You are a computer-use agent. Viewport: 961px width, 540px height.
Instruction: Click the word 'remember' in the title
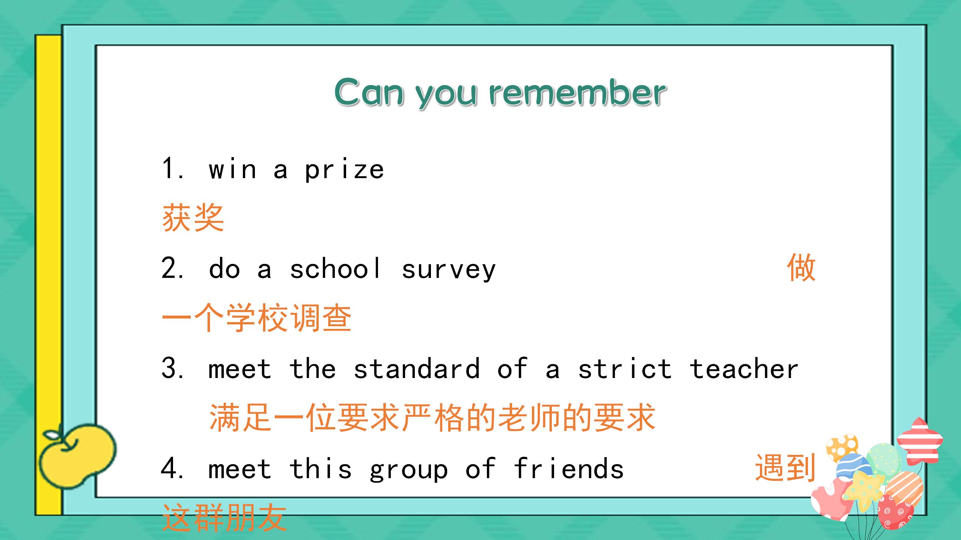(578, 93)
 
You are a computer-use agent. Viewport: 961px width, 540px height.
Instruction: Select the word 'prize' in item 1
(344, 170)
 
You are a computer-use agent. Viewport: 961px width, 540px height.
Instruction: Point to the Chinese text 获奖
(193, 218)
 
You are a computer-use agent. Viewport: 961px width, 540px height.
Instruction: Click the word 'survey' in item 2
(449, 270)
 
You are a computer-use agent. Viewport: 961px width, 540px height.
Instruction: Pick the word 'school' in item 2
(335, 269)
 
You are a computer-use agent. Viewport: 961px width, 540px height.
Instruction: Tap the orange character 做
(801, 267)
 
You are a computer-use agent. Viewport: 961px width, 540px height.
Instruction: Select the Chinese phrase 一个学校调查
(257, 318)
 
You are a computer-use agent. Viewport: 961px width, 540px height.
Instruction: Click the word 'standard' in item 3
(417, 369)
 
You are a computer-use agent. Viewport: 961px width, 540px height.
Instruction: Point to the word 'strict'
(625, 369)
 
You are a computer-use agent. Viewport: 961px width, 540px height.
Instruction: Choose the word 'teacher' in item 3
(744, 369)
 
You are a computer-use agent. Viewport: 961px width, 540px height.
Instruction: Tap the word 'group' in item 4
(408, 470)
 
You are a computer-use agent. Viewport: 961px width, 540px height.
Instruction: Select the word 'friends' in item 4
(568, 469)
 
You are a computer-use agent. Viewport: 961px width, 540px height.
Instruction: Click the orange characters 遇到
(785, 468)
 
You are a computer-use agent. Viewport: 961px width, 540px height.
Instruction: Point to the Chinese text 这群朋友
(224, 518)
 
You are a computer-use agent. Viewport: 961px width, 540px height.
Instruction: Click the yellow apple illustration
(77, 455)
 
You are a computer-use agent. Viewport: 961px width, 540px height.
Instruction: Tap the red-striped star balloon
(919, 441)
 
